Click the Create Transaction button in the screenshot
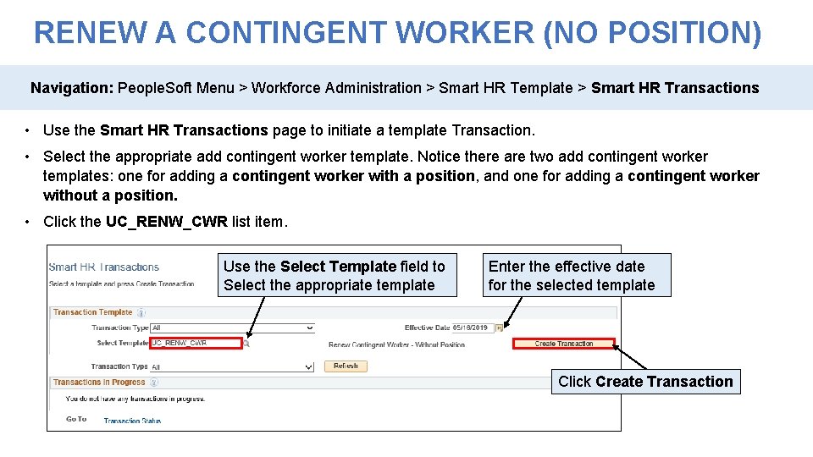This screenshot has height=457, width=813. coord(564,344)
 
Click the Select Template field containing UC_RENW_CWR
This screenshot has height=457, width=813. coord(196,344)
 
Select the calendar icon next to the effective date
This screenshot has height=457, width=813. coord(500,328)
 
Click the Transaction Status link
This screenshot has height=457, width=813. coord(132,420)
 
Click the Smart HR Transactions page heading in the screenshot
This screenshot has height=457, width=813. coord(103,267)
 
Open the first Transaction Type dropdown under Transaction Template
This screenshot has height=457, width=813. coord(232,328)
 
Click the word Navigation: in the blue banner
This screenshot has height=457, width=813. coord(72,88)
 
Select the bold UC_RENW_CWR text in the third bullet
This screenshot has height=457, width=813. coord(166,222)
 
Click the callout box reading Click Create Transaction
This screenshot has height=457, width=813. coord(645,382)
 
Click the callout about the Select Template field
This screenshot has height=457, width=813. coord(335,276)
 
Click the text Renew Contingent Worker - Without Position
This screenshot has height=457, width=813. coord(396,344)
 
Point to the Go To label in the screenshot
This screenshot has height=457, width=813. coord(76,419)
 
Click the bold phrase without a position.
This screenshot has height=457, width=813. coord(110,195)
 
